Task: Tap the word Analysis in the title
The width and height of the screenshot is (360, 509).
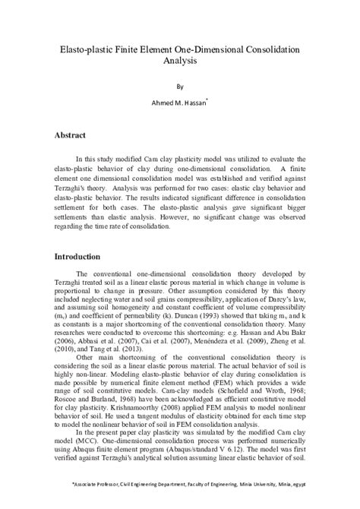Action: tap(180, 62)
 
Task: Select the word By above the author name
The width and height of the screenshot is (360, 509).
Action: tap(180, 86)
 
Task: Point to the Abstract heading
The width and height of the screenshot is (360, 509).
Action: tap(74, 134)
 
